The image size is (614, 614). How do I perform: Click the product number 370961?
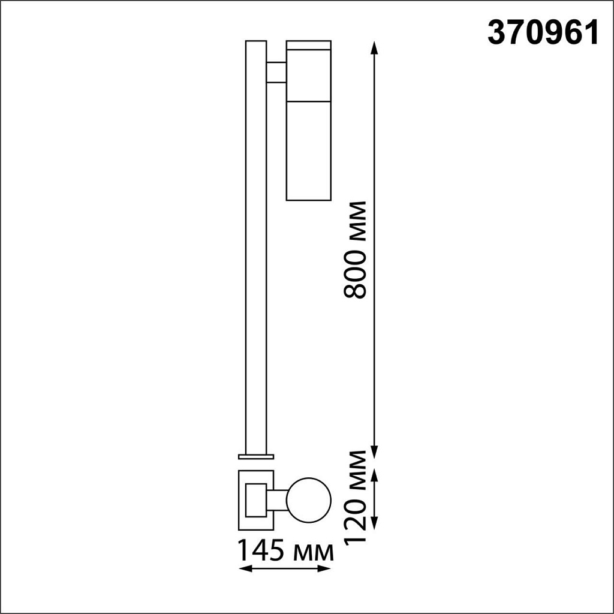coord(543,34)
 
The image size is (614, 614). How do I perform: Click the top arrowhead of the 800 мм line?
coord(375,47)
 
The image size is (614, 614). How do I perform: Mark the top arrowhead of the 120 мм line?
coord(375,474)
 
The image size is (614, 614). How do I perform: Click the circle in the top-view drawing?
coord(309,499)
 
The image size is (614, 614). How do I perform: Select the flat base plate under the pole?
coord(256,456)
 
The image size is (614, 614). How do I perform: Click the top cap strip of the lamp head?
coord(309,45)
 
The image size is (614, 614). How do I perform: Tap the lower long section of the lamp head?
coord(309,150)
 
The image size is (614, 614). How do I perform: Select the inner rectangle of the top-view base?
coord(255,499)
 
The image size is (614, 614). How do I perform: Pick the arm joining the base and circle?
coord(278,499)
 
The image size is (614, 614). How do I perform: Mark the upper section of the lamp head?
coord(309,75)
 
